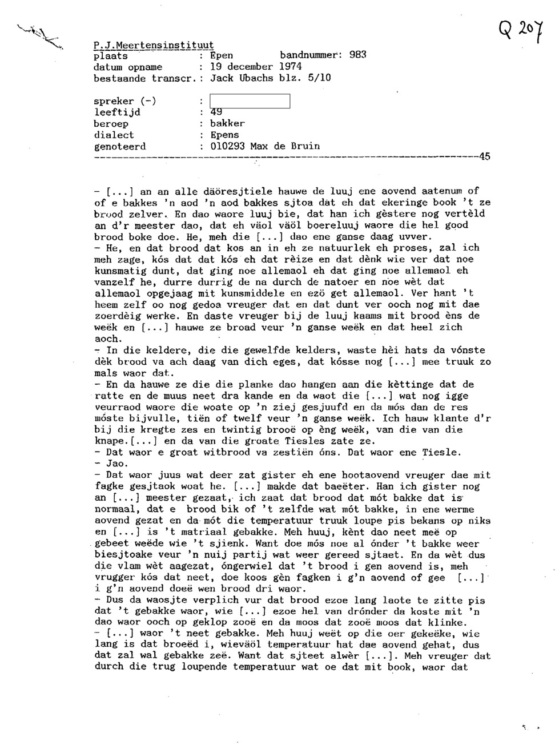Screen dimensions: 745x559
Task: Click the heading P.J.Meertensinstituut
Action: [x=154, y=45]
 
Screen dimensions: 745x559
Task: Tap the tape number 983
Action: [x=358, y=55]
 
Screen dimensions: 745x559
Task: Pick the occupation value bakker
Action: [x=227, y=124]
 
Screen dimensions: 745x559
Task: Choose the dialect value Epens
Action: [x=224, y=135]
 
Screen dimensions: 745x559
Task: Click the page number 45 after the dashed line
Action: [x=484, y=157]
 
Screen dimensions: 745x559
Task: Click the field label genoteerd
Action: [x=119, y=147]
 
